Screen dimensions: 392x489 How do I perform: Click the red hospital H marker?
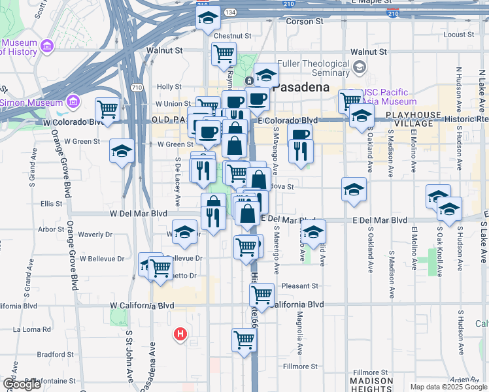(180, 335)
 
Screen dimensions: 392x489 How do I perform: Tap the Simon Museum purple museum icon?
(73, 102)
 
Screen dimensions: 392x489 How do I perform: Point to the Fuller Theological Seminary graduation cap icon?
(359, 67)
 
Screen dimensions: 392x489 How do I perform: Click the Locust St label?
(458, 35)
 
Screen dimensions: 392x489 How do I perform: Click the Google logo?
(22, 384)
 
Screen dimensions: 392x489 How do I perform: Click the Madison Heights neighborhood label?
(371, 385)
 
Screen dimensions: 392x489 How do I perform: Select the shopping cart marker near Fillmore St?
(244, 339)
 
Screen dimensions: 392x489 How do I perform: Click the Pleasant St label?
(299, 286)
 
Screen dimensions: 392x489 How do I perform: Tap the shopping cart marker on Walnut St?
(224, 53)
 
